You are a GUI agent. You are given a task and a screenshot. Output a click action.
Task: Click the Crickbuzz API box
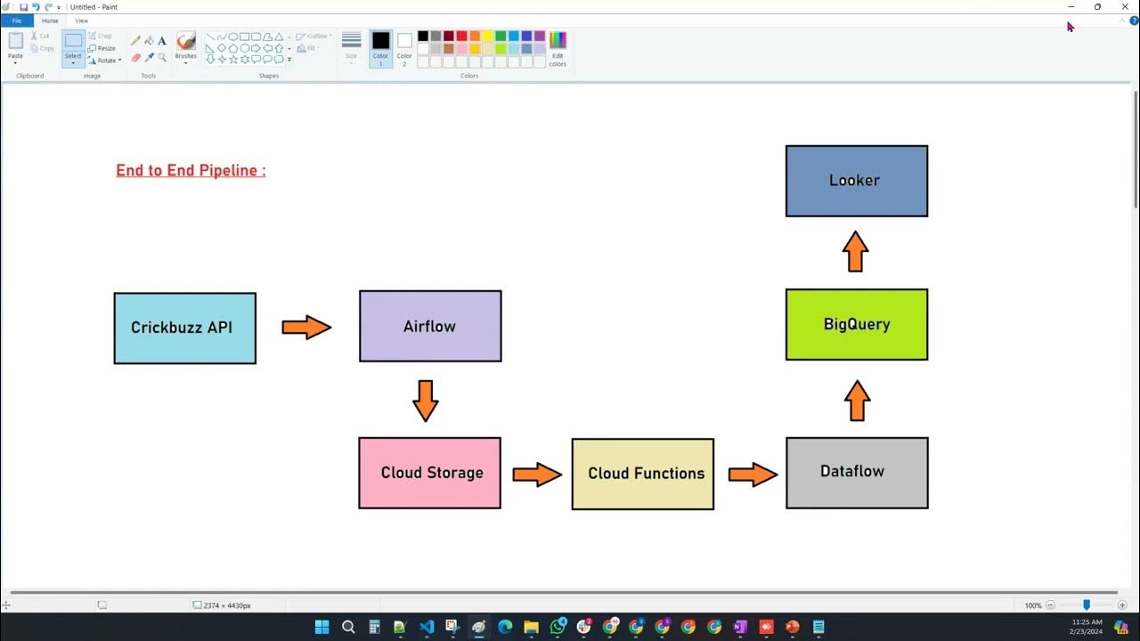(x=184, y=328)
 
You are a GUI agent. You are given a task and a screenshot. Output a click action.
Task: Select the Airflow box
(x=430, y=326)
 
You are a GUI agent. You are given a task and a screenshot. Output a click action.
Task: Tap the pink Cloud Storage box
(x=429, y=473)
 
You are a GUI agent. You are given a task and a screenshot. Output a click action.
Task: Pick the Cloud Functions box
(x=642, y=474)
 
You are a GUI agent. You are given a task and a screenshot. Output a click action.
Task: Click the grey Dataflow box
(x=857, y=473)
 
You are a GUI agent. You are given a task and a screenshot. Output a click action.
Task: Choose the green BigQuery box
(x=857, y=324)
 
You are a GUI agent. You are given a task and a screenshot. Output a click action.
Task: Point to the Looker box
(x=857, y=181)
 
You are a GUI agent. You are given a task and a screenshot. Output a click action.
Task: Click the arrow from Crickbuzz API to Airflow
(x=306, y=328)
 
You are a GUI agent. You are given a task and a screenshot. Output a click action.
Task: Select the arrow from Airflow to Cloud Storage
(x=426, y=401)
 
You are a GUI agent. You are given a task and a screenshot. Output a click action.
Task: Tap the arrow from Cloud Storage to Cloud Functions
(x=537, y=474)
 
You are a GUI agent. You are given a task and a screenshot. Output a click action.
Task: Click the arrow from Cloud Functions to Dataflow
(x=753, y=474)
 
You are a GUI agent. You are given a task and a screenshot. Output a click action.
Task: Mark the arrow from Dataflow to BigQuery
(x=857, y=401)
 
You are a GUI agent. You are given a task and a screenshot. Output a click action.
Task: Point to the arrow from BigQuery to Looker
(x=855, y=252)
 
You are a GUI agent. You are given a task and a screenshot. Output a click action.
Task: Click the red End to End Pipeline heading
(x=191, y=170)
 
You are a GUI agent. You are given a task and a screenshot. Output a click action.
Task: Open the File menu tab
(x=16, y=20)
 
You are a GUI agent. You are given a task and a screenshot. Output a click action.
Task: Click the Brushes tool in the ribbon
(x=186, y=46)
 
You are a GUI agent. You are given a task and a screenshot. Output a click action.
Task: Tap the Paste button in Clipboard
(x=15, y=46)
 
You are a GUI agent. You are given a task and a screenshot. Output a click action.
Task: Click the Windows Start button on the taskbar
(x=322, y=627)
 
